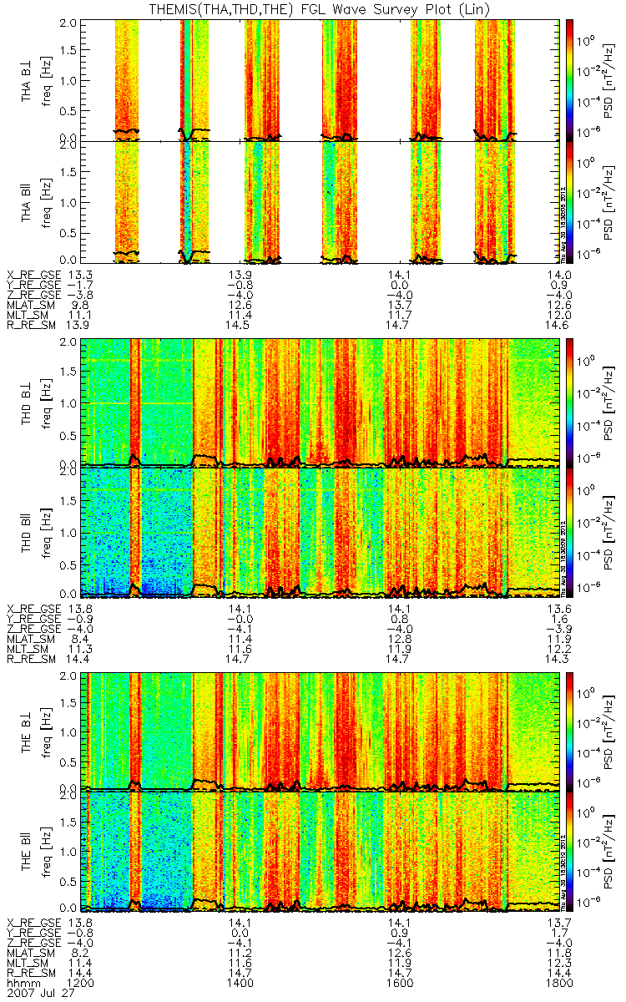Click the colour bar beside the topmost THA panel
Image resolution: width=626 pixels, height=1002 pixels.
click(571, 79)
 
